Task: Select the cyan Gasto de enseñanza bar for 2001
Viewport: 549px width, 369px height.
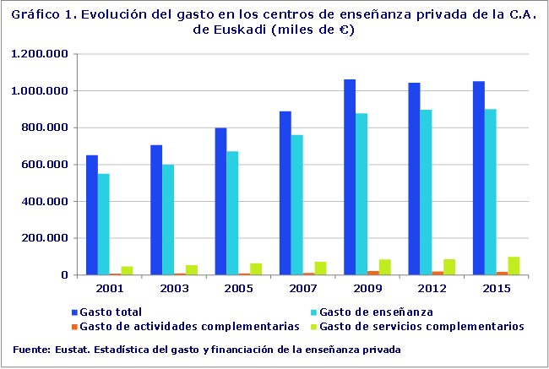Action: pos(104,225)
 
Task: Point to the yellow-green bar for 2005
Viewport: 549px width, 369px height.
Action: pos(256,269)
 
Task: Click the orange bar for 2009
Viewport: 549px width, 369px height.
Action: pos(373,272)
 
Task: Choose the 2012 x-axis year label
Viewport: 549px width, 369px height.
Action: pos(431,288)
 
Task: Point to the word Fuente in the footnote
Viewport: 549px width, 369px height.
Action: pos(30,349)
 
